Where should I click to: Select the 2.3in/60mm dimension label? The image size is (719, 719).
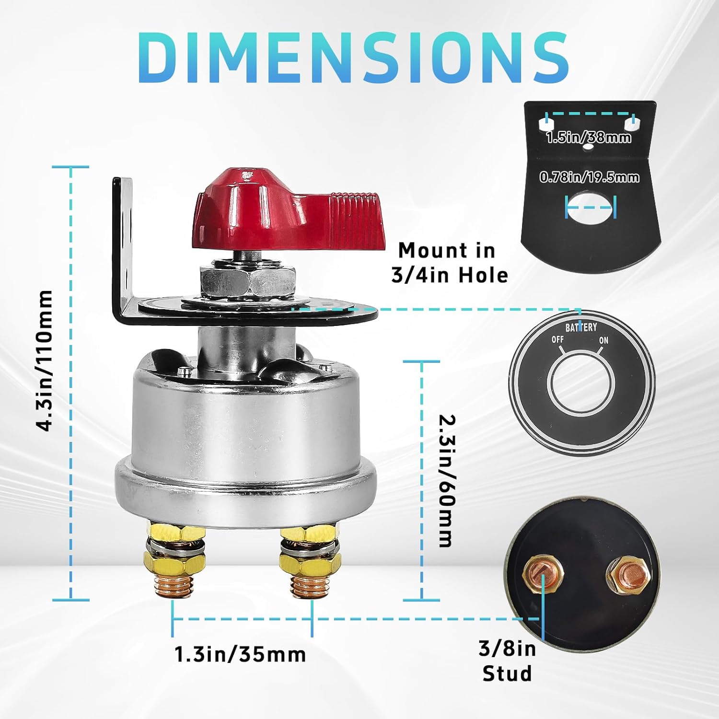click(x=445, y=480)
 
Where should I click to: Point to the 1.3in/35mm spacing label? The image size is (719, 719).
click(x=240, y=654)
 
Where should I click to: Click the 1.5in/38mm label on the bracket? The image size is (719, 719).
click(x=588, y=138)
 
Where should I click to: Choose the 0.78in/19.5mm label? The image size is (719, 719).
click(x=589, y=177)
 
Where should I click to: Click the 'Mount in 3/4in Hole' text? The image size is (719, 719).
click(x=449, y=263)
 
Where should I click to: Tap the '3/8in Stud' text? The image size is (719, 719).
click(x=507, y=661)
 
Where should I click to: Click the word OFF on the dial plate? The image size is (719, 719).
click(x=557, y=339)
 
